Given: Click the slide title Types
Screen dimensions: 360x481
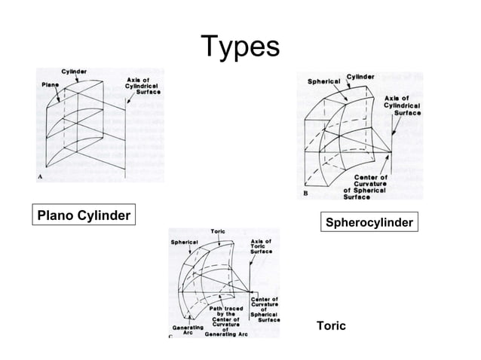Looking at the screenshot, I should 240,47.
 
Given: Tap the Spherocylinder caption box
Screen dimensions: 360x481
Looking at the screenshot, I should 369,222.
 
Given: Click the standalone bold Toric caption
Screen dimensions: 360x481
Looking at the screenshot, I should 331,326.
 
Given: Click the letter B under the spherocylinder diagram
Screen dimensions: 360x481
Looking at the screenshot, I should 305,194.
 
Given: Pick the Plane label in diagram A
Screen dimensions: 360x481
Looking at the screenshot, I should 50,85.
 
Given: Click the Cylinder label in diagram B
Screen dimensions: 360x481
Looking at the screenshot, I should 360,76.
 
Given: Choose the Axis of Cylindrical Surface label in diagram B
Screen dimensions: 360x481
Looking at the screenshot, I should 402,105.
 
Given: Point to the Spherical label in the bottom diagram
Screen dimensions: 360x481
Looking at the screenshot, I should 184,243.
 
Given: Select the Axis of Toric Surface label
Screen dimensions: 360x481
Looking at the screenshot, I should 260,246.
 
